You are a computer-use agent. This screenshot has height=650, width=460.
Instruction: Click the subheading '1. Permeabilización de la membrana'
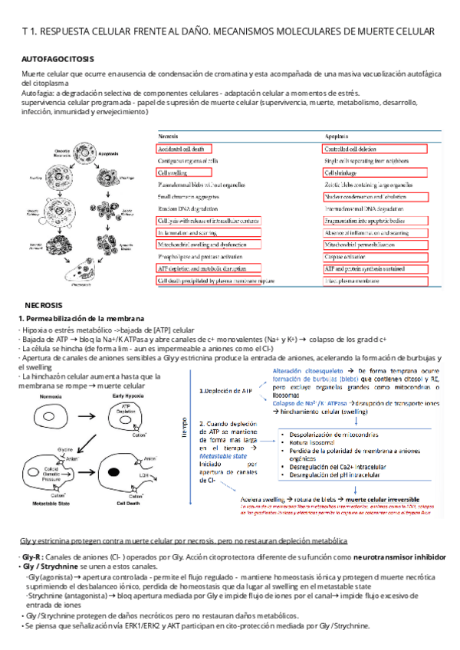click(80, 318)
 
